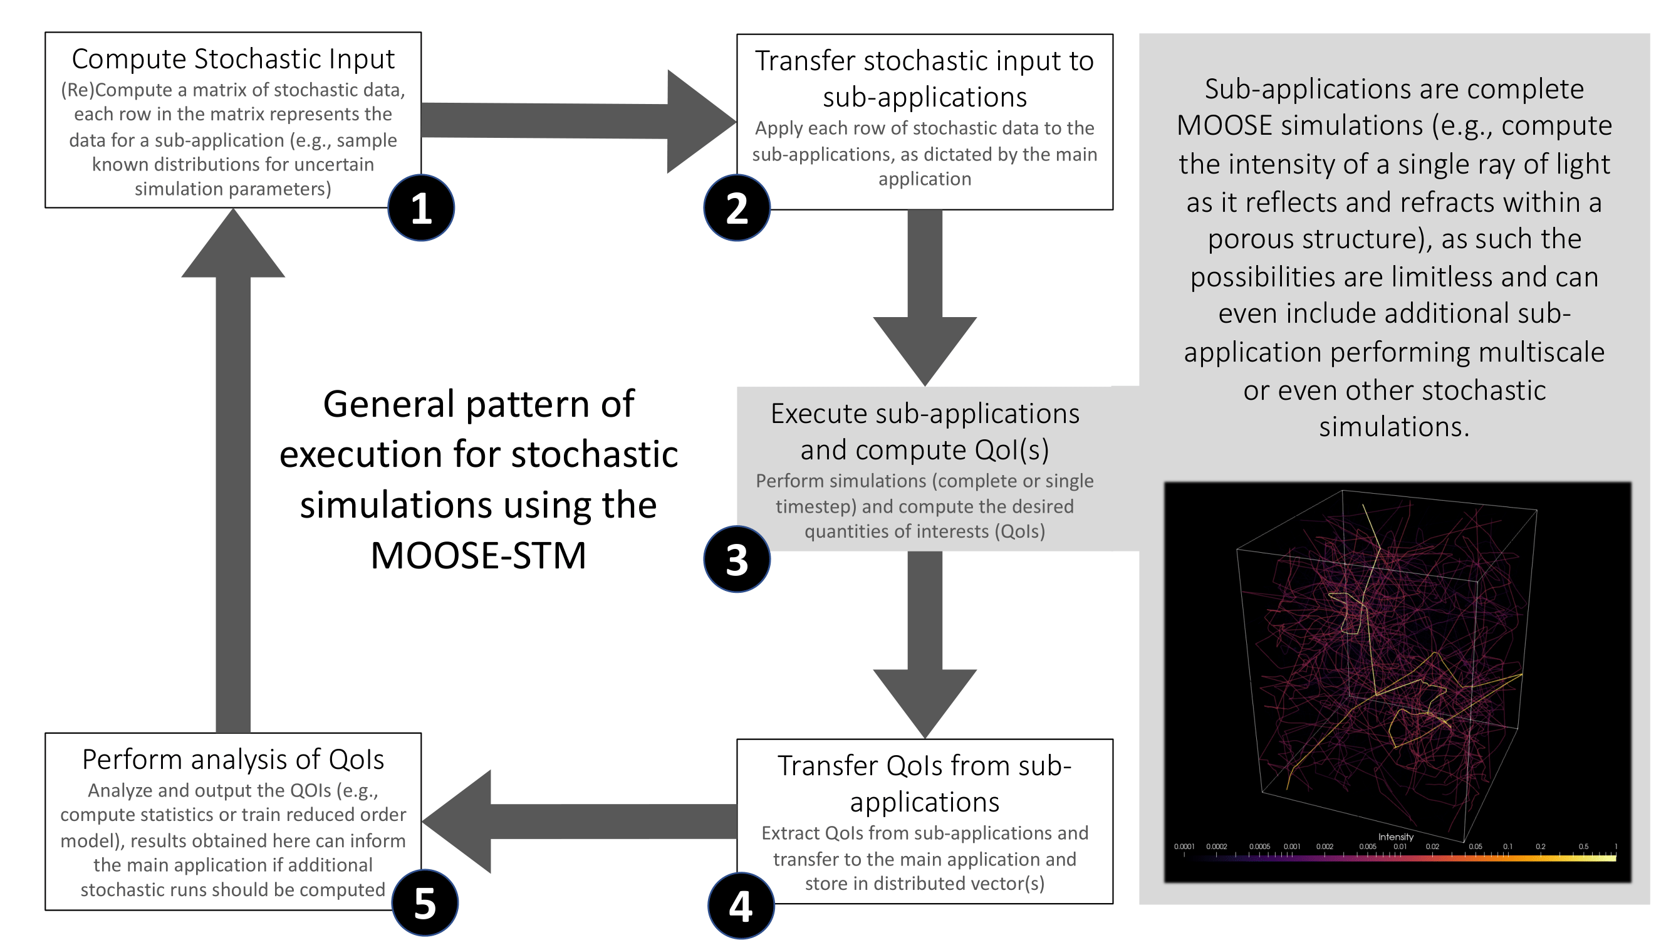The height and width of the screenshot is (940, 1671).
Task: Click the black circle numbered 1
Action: click(x=421, y=208)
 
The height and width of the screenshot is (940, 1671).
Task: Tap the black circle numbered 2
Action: click(x=737, y=208)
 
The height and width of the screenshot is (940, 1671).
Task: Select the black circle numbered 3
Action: click(x=737, y=559)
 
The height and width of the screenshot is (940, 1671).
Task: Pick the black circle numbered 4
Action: click(x=741, y=906)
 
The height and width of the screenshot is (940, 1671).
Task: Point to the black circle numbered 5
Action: click(x=425, y=903)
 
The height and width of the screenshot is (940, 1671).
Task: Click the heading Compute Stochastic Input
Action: click(x=233, y=59)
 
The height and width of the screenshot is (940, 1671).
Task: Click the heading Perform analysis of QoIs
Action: click(x=233, y=759)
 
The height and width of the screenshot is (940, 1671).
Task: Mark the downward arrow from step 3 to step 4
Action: click(x=924, y=642)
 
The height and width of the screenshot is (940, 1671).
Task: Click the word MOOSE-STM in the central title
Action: click(x=478, y=556)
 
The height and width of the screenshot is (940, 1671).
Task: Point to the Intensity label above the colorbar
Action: click(x=1395, y=837)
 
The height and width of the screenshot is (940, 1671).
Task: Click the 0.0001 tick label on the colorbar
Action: click(x=1184, y=847)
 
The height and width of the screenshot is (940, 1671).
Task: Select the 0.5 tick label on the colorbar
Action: click(x=1583, y=847)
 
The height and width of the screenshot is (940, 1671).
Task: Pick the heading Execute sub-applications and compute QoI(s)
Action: click(x=924, y=431)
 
